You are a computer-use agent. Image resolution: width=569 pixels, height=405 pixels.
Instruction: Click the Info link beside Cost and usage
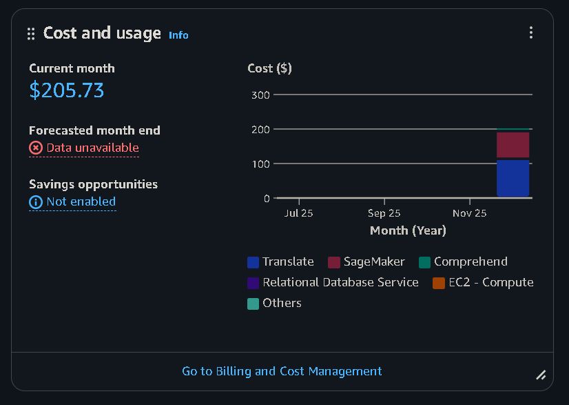click(178, 35)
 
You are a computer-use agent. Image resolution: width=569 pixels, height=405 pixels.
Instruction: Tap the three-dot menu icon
click(531, 32)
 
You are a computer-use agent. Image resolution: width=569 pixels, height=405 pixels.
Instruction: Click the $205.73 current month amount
click(67, 90)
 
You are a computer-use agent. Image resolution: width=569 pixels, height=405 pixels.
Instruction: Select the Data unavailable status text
click(92, 148)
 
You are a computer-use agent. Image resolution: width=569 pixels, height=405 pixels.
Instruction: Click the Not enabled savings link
click(81, 201)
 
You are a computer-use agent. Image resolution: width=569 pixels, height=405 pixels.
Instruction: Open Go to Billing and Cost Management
click(282, 371)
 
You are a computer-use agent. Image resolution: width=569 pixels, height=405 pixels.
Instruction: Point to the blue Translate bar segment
click(513, 179)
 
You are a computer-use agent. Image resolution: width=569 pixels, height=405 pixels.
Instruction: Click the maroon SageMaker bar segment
click(513, 145)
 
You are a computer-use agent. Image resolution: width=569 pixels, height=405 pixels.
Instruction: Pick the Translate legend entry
click(280, 261)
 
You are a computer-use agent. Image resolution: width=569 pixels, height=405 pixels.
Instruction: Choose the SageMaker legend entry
click(366, 261)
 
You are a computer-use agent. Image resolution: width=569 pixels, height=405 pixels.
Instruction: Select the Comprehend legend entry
click(463, 261)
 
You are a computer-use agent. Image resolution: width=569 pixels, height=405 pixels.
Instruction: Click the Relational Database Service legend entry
click(333, 282)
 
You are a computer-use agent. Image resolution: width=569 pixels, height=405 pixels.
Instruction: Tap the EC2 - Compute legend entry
click(483, 282)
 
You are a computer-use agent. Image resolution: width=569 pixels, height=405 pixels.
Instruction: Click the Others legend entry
click(274, 303)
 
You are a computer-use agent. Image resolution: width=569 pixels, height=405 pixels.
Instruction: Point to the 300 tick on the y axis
click(260, 95)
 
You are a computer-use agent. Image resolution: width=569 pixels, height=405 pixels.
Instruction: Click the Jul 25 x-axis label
click(299, 213)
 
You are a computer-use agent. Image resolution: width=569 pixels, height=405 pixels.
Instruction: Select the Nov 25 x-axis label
click(470, 213)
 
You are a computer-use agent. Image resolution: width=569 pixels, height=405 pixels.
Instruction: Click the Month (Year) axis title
click(408, 230)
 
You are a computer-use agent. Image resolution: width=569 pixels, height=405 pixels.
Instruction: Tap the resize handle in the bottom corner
click(541, 375)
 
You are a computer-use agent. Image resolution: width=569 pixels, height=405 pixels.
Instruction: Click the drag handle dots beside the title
click(31, 34)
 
